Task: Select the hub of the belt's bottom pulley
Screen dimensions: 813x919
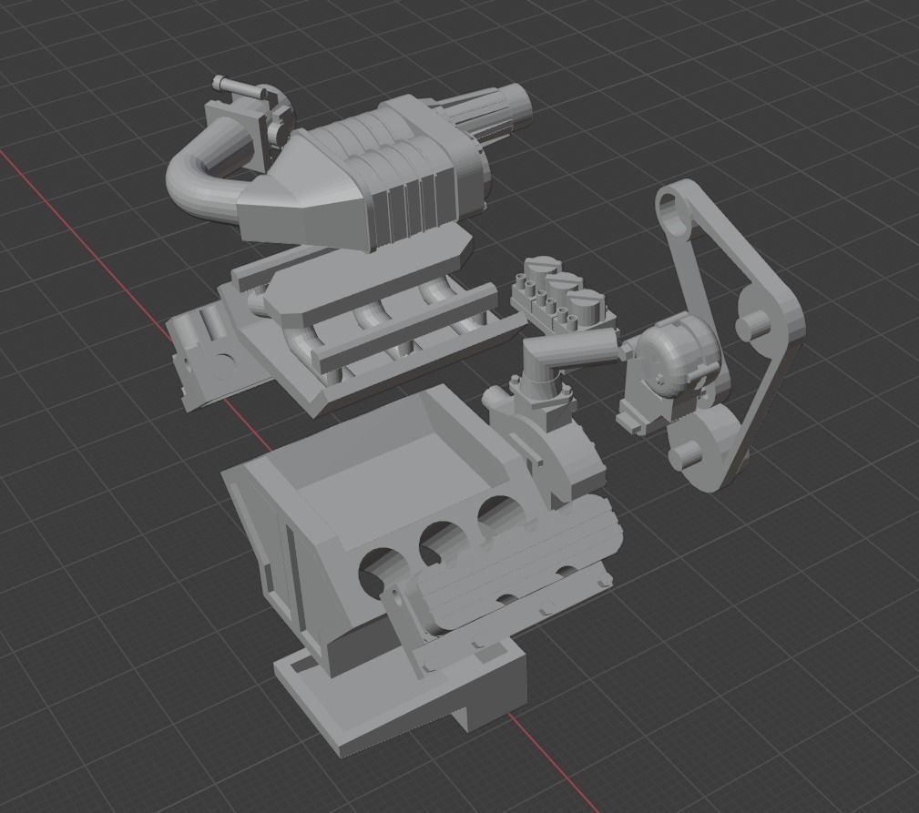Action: [x=685, y=452]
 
